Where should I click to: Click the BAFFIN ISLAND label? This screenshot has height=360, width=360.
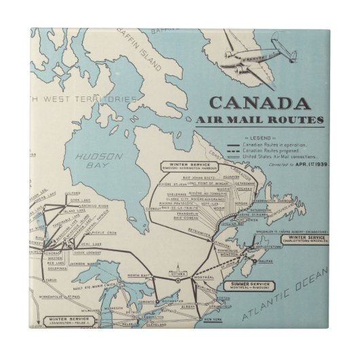[x=145, y=41]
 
